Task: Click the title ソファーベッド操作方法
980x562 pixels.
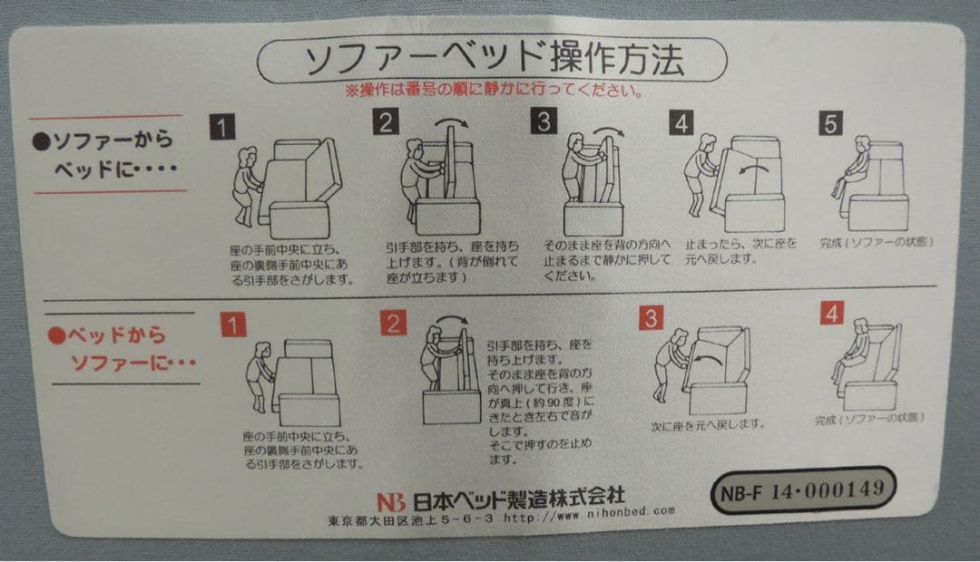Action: pyautogui.click(x=492, y=61)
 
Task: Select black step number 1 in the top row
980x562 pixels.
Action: pyautogui.click(x=220, y=126)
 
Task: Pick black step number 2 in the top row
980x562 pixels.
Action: pyautogui.click(x=387, y=122)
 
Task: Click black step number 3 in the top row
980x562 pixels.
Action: pyautogui.click(x=544, y=121)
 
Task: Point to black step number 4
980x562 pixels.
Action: pyautogui.click(x=681, y=123)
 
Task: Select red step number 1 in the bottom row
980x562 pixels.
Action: pyautogui.click(x=234, y=325)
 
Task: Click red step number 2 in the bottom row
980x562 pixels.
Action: pyautogui.click(x=393, y=323)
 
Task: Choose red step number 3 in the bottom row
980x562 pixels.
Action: pyautogui.click(x=651, y=318)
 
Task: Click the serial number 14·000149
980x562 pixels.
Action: pyautogui.click(x=828, y=489)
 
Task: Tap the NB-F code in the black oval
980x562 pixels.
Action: pyautogui.click(x=742, y=493)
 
